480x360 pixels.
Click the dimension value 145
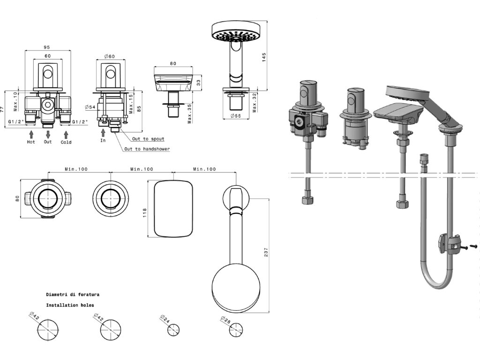[x=264, y=57]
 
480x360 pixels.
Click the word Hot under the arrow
[x=31, y=142]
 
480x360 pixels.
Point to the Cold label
[x=66, y=142]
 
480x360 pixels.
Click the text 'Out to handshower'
[x=147, y=149]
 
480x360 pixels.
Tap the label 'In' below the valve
[x=103, y=140]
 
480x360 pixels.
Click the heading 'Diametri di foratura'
[x=72, y=295]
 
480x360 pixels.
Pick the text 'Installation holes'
[x=70, y=305]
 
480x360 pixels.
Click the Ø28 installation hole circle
[x=236, y=330]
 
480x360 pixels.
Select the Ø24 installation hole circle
[x=174, y=330]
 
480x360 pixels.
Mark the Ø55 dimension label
[x=236, y=116]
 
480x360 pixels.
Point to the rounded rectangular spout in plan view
[x=173, y=209]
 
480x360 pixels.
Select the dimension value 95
[x=47, y=47]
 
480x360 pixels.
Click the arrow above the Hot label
[x=31, y=134]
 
